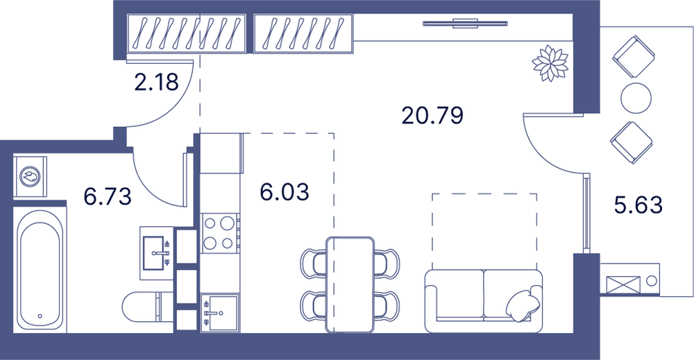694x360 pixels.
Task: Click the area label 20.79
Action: (432, 115)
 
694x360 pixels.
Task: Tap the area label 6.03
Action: (285, 192)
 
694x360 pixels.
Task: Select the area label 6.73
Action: (108, 196)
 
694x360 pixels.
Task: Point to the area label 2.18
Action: (156, 82)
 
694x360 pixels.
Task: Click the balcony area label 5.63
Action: (638, 205)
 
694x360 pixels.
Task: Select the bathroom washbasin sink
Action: (157, 253)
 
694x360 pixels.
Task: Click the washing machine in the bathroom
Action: (30, 176)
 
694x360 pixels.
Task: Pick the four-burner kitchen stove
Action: (220, 233)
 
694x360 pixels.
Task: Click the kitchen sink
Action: (220, 313)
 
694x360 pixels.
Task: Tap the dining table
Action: (350, 284)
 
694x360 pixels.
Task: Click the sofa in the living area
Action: (483, 301)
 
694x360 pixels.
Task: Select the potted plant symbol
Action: (550, 63)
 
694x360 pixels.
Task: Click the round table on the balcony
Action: (636, 98)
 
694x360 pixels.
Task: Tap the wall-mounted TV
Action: (465, 24)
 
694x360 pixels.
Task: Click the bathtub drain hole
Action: (40, 316)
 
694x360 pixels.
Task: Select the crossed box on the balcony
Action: (623, 284)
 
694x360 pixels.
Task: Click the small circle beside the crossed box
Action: (652, 280)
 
